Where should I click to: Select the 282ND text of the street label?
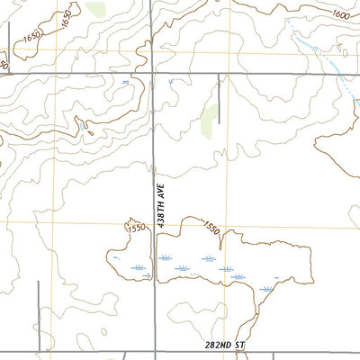coord(220,346)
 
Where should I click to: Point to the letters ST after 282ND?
coord(240,346)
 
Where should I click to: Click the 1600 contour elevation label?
coord(340,14)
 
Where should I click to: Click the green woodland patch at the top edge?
coord(96,10)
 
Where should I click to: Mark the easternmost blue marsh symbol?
coord(267,289)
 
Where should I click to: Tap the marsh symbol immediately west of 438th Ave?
coord(139,269)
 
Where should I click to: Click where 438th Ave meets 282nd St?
coord(156,353)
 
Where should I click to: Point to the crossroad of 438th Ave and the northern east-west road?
coord(153,74)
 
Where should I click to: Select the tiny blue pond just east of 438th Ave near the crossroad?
coord(168,82)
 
